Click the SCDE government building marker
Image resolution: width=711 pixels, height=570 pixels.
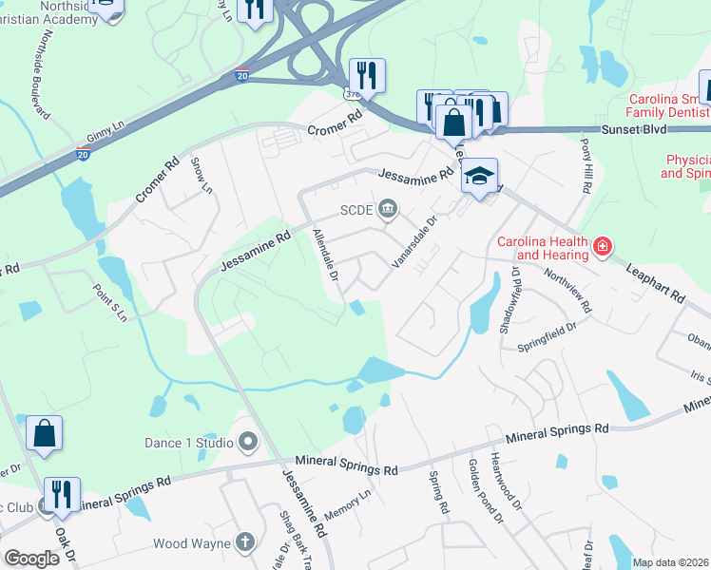388,208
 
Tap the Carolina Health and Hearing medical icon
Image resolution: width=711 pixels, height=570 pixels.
601,248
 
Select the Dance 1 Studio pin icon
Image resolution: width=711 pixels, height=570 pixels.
248,442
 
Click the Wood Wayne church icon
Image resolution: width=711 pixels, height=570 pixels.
246,543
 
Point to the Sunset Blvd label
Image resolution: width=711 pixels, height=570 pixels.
632,128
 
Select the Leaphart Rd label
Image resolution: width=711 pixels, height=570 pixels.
655,283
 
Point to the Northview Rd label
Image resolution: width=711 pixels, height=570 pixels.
568,290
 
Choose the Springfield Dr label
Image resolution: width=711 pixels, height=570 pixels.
547,337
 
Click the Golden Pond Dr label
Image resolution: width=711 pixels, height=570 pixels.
485,502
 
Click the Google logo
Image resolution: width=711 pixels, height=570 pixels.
31,559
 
